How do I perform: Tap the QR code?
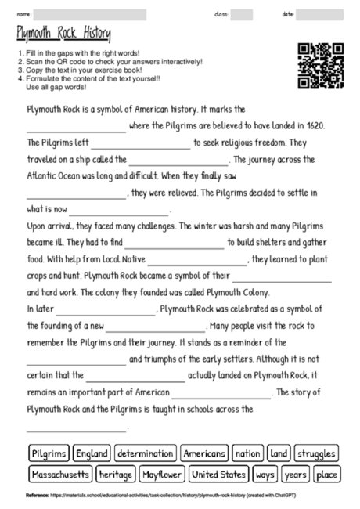321,67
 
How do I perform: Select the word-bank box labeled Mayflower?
163,474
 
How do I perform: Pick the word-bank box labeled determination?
145,453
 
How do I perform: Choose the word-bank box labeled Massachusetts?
60,474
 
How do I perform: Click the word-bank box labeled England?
92,453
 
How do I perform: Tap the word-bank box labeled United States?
219,474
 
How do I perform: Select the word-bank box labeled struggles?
317,453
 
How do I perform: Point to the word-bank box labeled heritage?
116,474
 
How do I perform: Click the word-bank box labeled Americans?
204,453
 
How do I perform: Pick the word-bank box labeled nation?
247,453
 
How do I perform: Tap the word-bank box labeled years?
296,474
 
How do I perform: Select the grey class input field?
242,14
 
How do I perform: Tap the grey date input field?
319,14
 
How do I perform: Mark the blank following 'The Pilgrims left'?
140,144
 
